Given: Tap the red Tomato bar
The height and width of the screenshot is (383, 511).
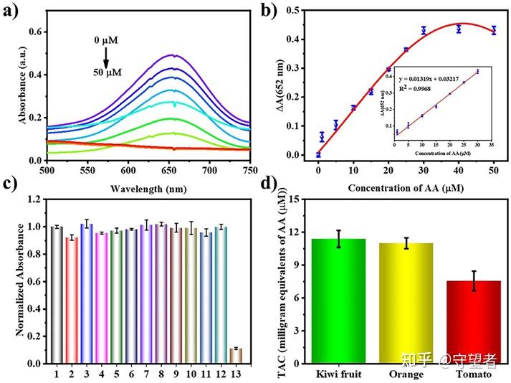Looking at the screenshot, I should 474,322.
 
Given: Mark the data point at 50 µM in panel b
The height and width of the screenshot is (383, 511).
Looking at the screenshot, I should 494,30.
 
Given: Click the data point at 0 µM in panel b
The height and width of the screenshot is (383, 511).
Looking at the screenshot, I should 318,154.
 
